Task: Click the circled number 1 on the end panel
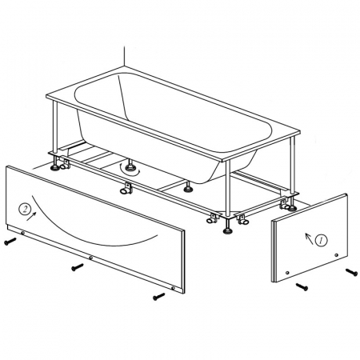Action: [x=321, y=240]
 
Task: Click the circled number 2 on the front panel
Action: [x=25, y=210]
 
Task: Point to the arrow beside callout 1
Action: [x=309, y=238]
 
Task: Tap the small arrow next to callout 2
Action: [x=31, y=217]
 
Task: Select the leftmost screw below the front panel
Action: [x=10, y=241]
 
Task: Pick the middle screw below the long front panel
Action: [x=78, y=267]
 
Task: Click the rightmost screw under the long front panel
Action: [x=159, y=296]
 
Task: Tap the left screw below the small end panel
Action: [x=302, y=286]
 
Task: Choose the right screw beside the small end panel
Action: [x=351, y=272]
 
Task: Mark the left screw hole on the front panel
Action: [x=23, y=233]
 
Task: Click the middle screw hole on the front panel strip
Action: [x=91, y=258]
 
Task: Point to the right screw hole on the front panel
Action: [x=174, y=288]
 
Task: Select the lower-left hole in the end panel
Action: [x=287, y=273]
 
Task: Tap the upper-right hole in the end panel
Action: [x=336, y=255]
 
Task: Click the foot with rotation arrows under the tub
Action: [x=130, y=168]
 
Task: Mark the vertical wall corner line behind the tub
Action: [x=124, y=56]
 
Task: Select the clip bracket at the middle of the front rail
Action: [x=126, y=188]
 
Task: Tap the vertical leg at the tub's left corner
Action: [x=55, y=127]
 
